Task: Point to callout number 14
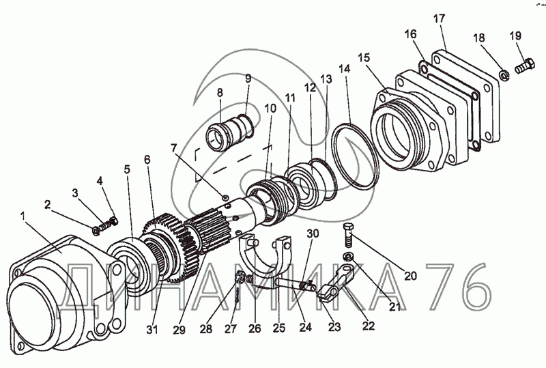(343, 68)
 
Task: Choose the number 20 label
(409, 276)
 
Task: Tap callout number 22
(369, 326)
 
